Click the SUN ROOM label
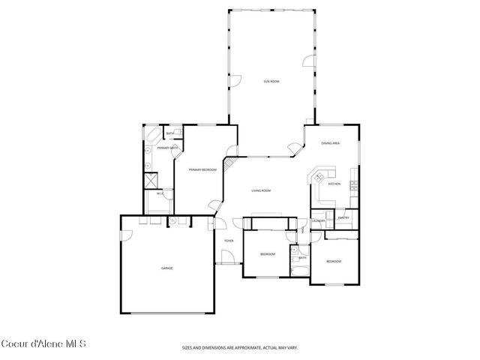coord(271,80)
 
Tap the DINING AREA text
coord(331,143)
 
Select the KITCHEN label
coord(334,184)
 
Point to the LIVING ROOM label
coord(261,190)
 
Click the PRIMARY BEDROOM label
coord(202,170)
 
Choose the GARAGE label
coord(166,268)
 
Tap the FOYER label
coord(228,241)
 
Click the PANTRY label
coord(343,217)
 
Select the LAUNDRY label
coord(318,221)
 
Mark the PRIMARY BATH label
coord(167,148)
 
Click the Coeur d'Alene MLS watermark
coord(43,344)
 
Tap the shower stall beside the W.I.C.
coord(150,180)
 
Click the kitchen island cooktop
coord(319,178)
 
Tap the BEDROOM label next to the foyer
coord(268,254)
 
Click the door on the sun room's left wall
coord(234,80)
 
